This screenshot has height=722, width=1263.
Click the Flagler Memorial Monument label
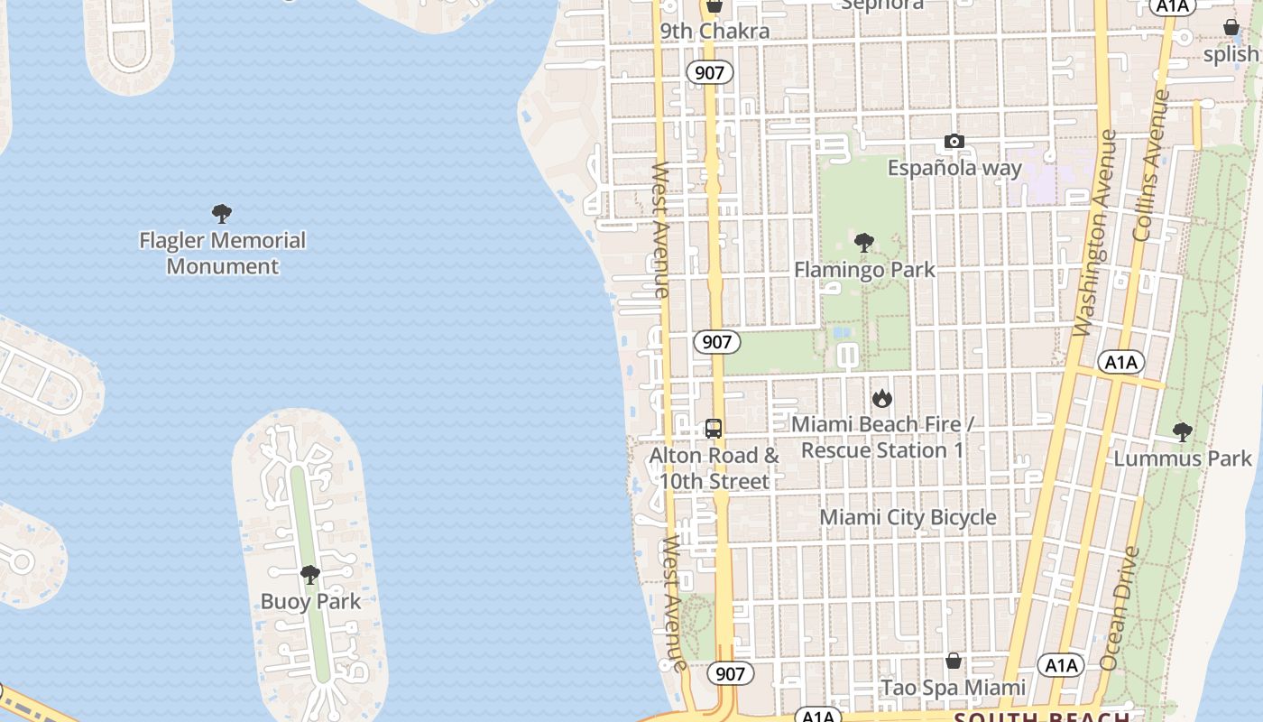[x=223, y=254]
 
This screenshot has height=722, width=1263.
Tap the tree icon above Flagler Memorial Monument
[x=222, y=214]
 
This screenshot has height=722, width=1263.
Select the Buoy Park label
[x=310, y=602]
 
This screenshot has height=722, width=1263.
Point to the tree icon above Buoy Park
[x=310, y=575]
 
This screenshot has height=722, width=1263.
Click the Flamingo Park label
[x=864, y=270]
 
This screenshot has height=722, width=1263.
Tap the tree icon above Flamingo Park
[x=864, y=243]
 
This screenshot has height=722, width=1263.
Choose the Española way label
[x=954, y=168]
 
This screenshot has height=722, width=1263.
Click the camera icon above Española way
[x=954, y=141]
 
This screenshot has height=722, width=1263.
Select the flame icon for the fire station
[x=882, y=398]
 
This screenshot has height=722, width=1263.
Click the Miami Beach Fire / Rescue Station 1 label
[x=882, y=437]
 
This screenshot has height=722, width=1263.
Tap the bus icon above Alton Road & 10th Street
[x=714, y=429]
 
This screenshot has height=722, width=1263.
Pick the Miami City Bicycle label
[x=908, y=517]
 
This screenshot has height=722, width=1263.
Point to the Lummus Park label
[x=1183, y=458]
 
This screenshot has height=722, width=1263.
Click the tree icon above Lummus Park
[x=1183, y=432]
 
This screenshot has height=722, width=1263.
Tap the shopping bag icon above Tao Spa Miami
[x=954, y=662]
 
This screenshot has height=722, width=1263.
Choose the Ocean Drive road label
[x=1120, y=608]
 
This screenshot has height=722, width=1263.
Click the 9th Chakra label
[x=714, y=32]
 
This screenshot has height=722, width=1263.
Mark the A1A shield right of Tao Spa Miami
[x=1061, y=666]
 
